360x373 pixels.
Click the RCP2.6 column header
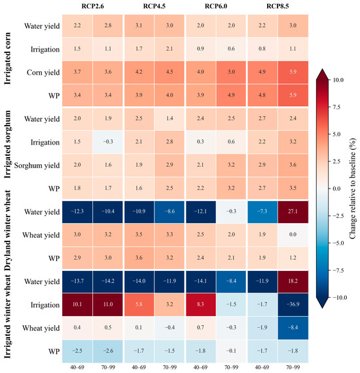click(92, 6)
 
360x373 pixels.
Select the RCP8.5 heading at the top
click(278, 6)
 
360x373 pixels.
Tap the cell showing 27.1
click(293, 212)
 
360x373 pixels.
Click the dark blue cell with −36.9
click(293, 304)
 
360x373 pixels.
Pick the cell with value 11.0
click(108, 304)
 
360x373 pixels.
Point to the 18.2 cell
click(293, 281)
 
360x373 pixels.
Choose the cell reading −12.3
click(77, 212)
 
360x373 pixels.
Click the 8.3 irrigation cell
click(200, 304)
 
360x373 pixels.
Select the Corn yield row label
click(43, 73)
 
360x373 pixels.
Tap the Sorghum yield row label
click(37, 166)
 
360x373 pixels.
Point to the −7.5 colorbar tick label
click(336, 270)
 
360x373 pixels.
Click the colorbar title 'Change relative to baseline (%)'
click(353, 188)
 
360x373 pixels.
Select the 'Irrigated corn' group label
click(8, 58)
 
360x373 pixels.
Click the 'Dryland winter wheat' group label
click(8, 230)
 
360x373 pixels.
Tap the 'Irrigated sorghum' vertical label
click(8, 144)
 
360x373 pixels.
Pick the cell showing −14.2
click(108, 281)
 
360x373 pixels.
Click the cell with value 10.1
click(77, 304)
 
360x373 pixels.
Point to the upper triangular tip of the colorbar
click(323, 69)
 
